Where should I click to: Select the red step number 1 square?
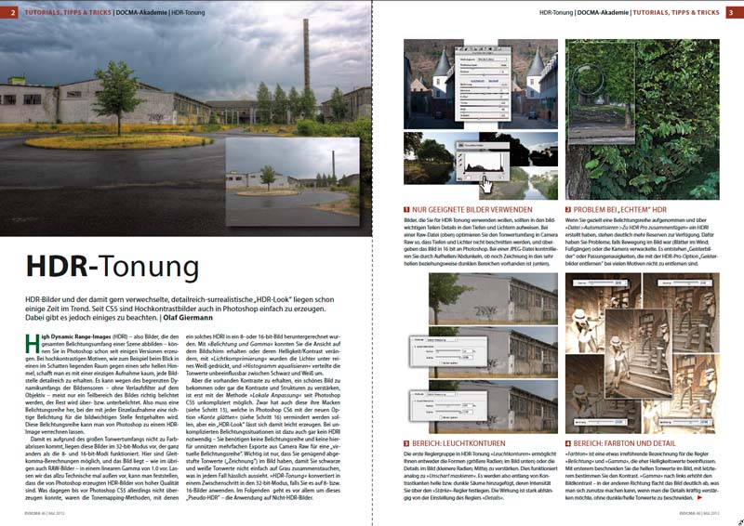point(407,210)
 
